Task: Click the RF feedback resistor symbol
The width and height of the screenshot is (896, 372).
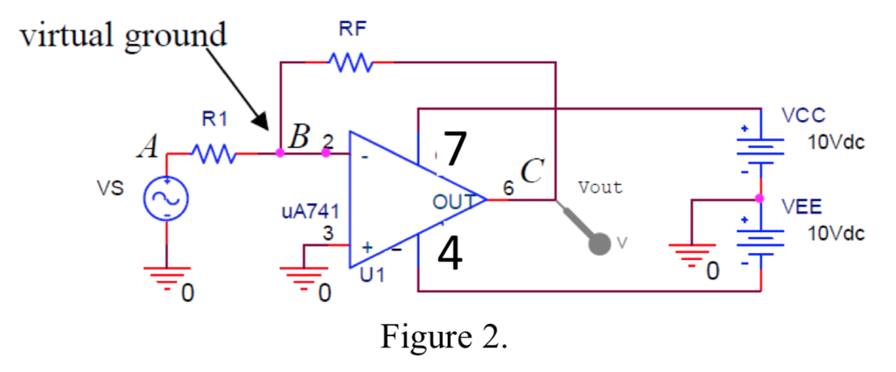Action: pos(350,62)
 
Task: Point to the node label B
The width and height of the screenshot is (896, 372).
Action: pos(299,137)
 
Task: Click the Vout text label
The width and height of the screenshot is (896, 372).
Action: pos(600,187)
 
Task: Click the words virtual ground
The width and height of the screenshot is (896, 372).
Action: pos(122,36)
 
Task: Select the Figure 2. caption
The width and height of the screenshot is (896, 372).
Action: pos(444,336)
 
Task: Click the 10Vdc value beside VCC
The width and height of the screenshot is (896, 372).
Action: pos(836,142)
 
